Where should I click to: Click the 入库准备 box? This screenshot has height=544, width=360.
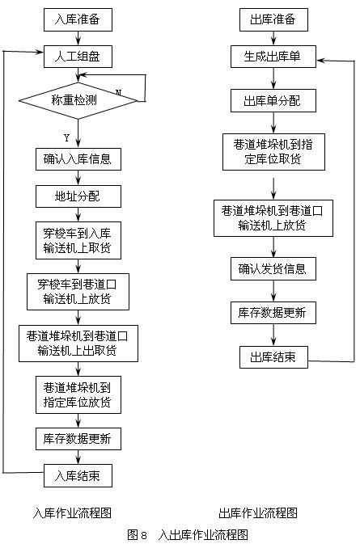[x=78, y=19]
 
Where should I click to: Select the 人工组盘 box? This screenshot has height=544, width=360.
[x=78, y=57]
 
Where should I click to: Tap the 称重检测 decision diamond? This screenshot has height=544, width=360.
[x=78, y=100]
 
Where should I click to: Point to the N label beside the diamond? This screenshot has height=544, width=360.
[x=118, y=93]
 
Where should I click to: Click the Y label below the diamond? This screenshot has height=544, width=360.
[x=66, y=138]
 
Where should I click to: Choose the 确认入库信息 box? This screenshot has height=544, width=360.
[x=78, y=159]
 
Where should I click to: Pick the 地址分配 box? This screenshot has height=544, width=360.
[x=78, y=196]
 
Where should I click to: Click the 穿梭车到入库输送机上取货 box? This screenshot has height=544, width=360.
[x=78, y=240]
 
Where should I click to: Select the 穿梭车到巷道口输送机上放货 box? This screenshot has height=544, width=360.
[x=78, y=292]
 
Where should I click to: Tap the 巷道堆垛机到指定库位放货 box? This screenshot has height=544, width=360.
[x=78, y=394]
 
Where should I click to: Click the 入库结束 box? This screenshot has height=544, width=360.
[x=78, y=475]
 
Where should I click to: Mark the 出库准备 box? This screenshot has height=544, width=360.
[x=273, y=19]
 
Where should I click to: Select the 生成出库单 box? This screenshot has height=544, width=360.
[x=273, y=57]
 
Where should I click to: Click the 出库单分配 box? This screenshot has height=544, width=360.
[x=273, y=100]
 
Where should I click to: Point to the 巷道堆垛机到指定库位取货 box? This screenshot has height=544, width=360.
[x=273, y=152]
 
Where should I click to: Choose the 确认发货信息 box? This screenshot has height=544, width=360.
[x=273, y=269]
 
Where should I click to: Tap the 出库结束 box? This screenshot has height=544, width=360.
[x=273, y=357]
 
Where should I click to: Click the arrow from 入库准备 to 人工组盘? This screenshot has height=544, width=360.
[x=78, y=38]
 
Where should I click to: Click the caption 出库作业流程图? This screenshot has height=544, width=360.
[x=258, y=513]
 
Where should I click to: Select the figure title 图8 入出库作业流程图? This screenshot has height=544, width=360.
[x=188, y=534]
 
